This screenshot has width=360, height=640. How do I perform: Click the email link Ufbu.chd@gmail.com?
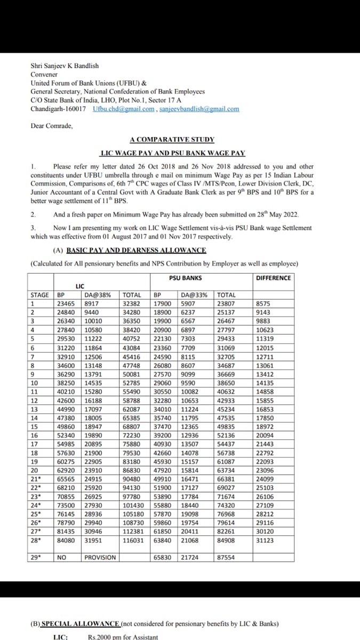coord(123,109)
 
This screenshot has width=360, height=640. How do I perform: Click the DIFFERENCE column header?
coord(273,278)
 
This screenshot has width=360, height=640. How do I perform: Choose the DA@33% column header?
coord(194,295)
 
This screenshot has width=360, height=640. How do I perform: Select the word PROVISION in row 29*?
coord(100,557)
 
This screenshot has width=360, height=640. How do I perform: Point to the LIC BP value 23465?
coord(66,303)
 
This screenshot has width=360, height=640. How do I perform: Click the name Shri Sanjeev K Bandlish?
coord(65,66)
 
